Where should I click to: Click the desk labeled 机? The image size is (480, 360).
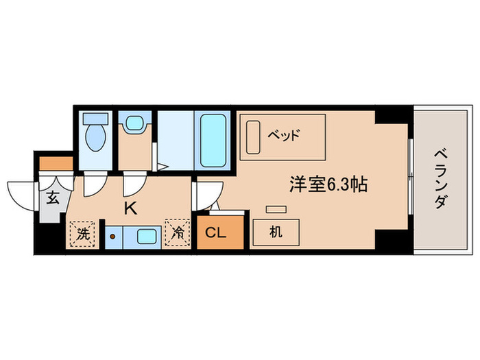coord(275,232)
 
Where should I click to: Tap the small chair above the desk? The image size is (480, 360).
coord(276,209)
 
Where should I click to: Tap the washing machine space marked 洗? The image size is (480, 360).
coord(83,234)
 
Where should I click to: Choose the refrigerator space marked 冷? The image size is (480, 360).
coord(176,234)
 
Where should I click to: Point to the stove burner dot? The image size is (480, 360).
coord(114,237)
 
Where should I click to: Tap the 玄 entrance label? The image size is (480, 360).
coord(52,200)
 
